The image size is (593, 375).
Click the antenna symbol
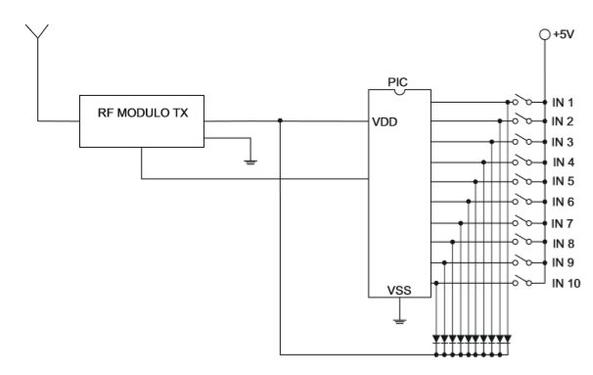click(x=37, y=32)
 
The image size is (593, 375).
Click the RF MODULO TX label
click(x=143, y=113)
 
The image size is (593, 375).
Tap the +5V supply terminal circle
click(x=545, y=35)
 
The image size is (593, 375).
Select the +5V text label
click(x=564, y=34)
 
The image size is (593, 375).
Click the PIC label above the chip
click(x=398, y=82)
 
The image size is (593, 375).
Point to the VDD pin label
click(x=385, y=122)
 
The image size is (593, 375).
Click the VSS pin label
click(x=399, y=290)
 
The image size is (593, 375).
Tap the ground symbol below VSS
click(x=400, y=321)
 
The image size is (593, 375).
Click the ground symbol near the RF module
click(x=251, y=163)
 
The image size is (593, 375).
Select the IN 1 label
click(x=563, y=103)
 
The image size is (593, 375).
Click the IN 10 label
click(x=567, y=283)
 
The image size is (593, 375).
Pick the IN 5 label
click(x=563, y=182)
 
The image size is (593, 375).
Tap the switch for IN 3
click(x=522, y=140)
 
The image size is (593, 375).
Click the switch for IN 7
click(x=522, y=221)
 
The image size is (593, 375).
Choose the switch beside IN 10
click(x=522, y=281)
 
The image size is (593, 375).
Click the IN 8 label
click(x=564, y=244)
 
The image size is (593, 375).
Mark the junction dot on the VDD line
click(x=280, y=120)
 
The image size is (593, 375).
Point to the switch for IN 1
click(x=522, y=100)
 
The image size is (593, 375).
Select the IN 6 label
click(x=563, y=202)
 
